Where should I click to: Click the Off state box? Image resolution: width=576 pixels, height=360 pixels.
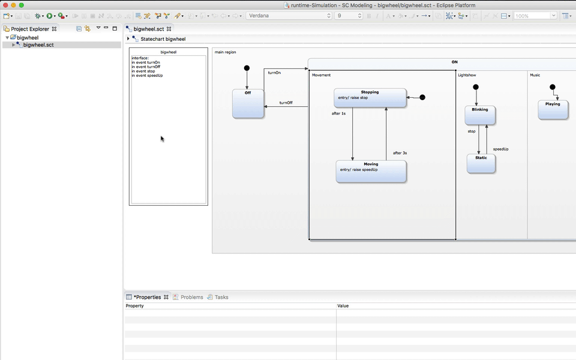click(248, 104)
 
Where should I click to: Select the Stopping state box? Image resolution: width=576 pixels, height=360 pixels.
click(370, 98)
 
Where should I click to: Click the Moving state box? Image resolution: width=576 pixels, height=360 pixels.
click(371, 172)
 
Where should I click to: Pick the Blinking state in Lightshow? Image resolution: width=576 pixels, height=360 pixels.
click(479, 115)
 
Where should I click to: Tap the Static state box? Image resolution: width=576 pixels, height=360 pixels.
click(481, 164)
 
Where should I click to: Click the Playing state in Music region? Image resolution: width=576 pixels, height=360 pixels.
click(553, 110)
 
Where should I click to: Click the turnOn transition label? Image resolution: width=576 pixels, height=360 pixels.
click(274, 73)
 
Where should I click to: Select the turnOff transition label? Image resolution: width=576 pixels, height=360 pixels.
click(286, 103)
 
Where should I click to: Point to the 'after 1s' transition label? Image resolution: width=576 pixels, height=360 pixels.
click(339, 113)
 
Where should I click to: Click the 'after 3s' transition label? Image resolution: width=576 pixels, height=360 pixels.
click(400, 153)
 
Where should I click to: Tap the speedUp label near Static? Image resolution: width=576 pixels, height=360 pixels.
click(500, 149)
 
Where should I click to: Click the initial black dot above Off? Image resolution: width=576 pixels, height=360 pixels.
click(247, 68)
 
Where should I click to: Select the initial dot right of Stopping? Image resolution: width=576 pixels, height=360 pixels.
click(422, 97)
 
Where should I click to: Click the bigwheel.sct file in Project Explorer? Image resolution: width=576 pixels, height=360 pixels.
click(38, 45)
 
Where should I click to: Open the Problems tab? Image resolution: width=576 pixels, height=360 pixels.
click(191, 297)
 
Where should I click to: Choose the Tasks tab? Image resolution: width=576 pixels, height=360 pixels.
click(221, 297)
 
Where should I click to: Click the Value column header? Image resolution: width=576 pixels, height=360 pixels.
click(343, 306)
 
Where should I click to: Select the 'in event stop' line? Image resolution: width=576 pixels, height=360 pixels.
click(143, 71)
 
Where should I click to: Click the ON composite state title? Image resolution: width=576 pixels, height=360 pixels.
click(454, 62)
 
